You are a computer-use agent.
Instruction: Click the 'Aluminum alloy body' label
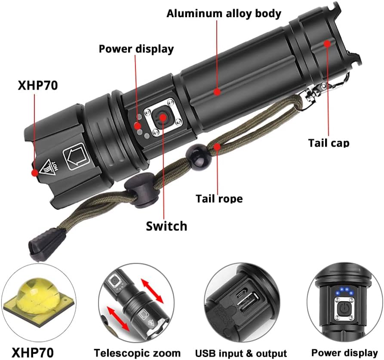(x=224, y=14)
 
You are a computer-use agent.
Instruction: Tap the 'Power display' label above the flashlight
(x=136, y=49)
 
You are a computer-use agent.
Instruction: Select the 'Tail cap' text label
(x=329, y=143)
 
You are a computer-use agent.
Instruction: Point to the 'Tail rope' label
(x=219, y=198)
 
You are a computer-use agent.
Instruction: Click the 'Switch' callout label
(x=166, y=226)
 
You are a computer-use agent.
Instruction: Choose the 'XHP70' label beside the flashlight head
(x=38, y=86)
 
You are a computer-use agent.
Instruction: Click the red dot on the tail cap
(x=327, y=43)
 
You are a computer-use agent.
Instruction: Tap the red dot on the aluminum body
(x=217, y=92)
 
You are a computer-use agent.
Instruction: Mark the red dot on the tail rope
(x=217, y=147)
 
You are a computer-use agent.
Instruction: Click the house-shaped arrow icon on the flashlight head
(x=75, y=156)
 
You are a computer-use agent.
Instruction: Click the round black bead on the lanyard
(x=199, y=156)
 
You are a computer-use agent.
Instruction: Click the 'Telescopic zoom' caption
(x=137, y=353)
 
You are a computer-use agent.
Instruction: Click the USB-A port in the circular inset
(x=249, y=302)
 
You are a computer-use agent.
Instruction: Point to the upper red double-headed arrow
(x=152, y=291)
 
